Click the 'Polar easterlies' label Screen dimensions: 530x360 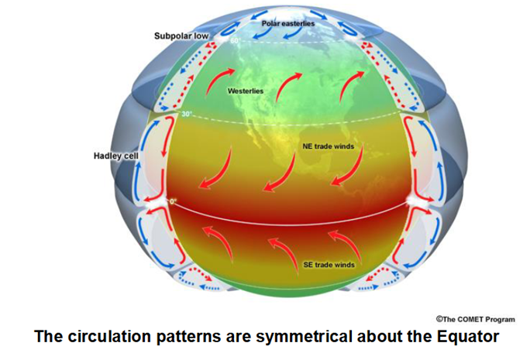coord(288,24)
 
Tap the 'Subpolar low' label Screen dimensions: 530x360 coord(181,36)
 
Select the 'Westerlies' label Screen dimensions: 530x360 coord(246,91)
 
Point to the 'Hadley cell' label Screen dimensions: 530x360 coord(116,156)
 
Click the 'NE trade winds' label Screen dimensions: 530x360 coord(329,146)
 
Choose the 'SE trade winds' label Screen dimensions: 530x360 coord(329,265)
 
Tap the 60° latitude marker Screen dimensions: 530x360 coord(236,41)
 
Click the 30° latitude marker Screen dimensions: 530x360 coord(187,114)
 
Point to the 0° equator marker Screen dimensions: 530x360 coord(173,201)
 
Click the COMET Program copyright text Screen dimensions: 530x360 coord(476,319)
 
